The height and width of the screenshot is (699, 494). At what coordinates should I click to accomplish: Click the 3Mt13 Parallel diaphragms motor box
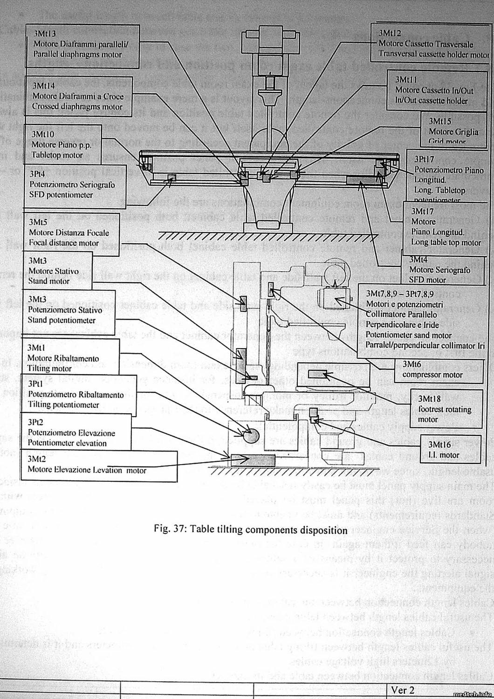coord(82,44)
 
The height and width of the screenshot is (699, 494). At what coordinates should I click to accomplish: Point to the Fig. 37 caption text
coord(251,530)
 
